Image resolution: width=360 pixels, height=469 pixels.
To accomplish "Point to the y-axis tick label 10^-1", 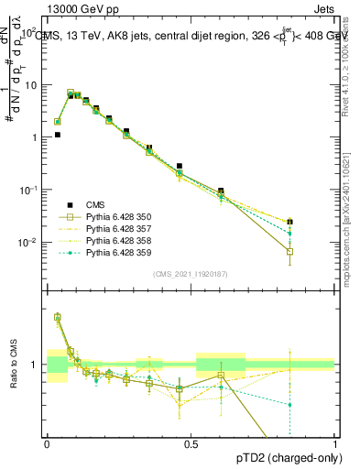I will [x=29, y=190].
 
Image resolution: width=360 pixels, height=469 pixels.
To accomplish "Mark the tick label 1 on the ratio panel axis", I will [x=38, y=365].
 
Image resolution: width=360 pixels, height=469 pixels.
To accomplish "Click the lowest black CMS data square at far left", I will [x=57, y=135].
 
